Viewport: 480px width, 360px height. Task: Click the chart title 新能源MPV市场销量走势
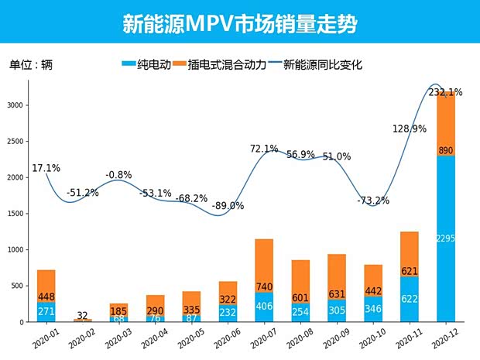point(240,23)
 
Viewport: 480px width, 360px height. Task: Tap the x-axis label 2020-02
point(77,338)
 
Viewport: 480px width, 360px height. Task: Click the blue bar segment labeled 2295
point(447,238)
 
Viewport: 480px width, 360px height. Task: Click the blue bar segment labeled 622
point(410,299)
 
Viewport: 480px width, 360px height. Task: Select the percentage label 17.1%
point(46,167)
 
